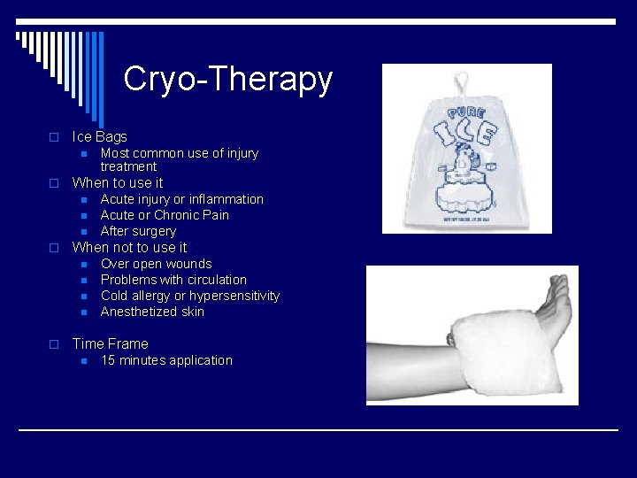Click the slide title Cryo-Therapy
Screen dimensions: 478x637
point(228,79)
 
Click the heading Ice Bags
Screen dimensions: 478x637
point(99,136)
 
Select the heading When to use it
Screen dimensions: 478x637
point(117,183)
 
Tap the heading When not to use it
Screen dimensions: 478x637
point(129,248)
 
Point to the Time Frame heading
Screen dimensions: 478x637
point(110,343)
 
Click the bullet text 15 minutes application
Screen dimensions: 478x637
point(166,360)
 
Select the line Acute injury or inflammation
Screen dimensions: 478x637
point(181,199)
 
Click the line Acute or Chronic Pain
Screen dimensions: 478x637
point(165,215)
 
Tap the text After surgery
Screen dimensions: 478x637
point(138,231)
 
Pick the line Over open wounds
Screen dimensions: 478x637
point(156,264)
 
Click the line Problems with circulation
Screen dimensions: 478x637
point(173,280)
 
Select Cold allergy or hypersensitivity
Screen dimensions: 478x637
point(189,296)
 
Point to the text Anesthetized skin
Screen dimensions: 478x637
point(152,312)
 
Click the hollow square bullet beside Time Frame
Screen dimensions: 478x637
point(53,344)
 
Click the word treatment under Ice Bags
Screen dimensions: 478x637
point(128,166)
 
